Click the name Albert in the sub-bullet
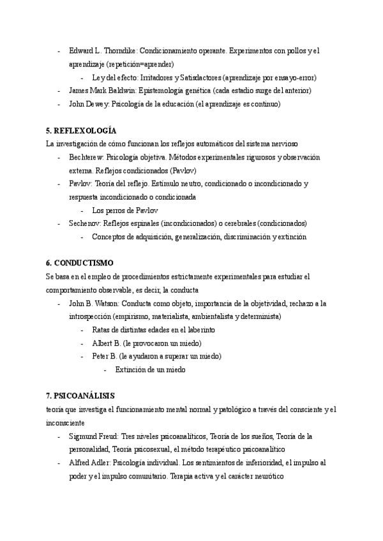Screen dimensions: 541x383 [103, 343]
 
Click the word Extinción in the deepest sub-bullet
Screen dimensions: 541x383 [130, 369]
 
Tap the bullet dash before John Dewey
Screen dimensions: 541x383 [59, 104]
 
